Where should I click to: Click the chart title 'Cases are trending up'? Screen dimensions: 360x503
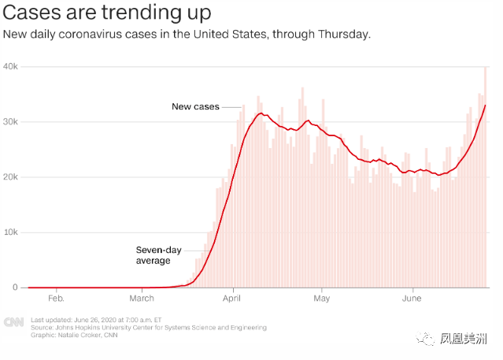106,14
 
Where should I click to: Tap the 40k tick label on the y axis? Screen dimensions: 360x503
11,66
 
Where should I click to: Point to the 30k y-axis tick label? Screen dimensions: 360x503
11,121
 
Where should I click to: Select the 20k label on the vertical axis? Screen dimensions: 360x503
11,177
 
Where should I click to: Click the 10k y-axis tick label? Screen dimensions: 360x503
11,232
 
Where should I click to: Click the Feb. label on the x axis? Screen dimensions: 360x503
56,299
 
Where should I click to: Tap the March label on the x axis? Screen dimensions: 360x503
142,299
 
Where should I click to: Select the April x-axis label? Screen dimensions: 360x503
231,299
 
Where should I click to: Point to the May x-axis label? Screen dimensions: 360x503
321,299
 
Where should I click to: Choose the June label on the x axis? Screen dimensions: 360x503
412,299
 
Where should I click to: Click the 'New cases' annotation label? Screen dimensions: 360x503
195,106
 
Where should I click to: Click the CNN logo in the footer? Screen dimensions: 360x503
13,321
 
